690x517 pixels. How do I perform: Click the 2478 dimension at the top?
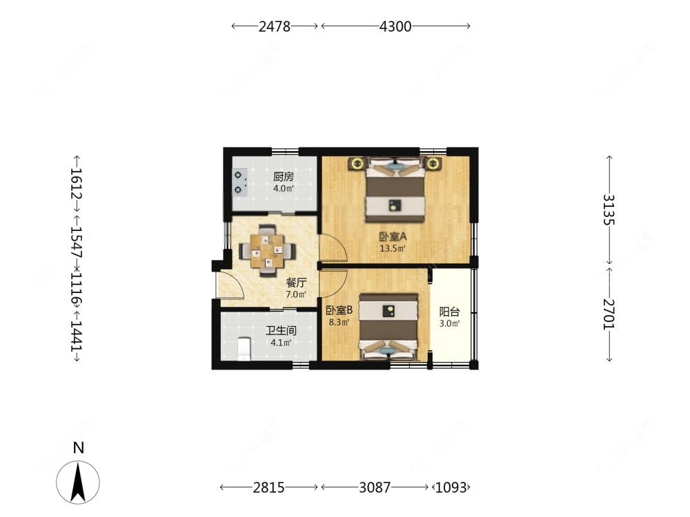click(x=274, y=26)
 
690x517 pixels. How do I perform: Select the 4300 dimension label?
click(x=395, y=26)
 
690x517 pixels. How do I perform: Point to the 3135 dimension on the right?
click(x=609, y=210)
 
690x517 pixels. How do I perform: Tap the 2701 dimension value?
click(x=609, y=314)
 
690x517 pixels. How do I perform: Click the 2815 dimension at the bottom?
click(x=268, y=487)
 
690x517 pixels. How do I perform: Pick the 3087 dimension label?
click(x=375, y=487)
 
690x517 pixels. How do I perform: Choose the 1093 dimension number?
click(x=451, y=487)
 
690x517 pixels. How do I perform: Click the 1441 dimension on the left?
click(x=77, y=336)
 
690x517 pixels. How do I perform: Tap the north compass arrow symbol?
click(x=78, y=483)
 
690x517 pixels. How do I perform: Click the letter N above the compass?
click(x=79, y=448)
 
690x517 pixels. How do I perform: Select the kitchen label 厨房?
click(x=283, y=176)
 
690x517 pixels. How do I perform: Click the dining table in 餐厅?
click(x=267, y=251)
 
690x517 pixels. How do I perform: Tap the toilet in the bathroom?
click(x=244, y=349)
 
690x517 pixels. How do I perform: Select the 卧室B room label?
click(x=339, y=310)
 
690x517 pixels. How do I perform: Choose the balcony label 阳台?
click(x=449, y=312)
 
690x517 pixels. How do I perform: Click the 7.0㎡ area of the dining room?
click(x=296, y=294)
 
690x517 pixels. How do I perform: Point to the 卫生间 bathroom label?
click(x=281, y=331)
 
